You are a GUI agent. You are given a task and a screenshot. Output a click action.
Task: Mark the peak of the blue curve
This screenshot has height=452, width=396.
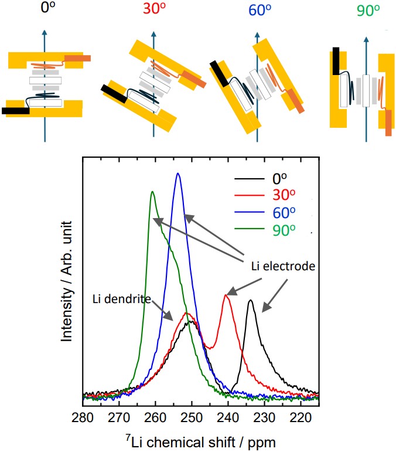[178, 174]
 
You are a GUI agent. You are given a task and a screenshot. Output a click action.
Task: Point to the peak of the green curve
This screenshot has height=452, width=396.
[152, 192]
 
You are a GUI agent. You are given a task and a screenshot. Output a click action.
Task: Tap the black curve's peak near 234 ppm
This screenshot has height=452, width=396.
[250, 301]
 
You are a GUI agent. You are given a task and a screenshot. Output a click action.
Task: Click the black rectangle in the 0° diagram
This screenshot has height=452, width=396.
[16, 110]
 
